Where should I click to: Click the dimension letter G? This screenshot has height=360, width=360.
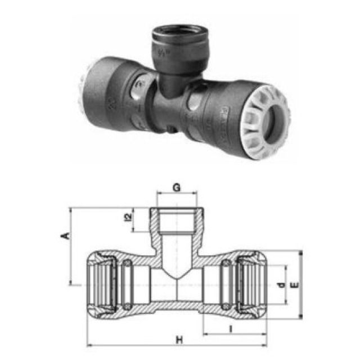pos(176,188)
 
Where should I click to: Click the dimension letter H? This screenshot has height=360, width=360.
pos(179,340)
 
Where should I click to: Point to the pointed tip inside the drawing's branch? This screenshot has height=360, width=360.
pos(176,277)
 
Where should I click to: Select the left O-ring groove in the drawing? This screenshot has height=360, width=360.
pos(128,284)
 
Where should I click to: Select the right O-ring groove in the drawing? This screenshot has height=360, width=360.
pos(225,284)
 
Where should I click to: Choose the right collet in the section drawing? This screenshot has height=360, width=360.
pos(250,284)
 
